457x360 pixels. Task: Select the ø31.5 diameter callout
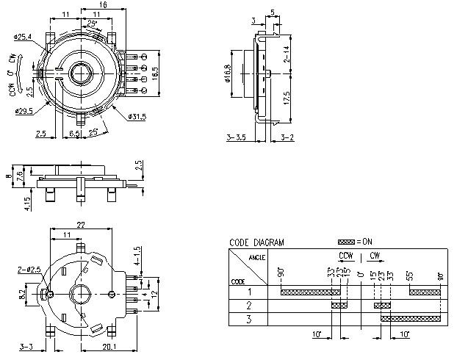[x=137, y=116]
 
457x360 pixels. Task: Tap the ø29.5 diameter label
[x=26, y=110]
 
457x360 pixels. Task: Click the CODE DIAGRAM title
[x=256, y=242]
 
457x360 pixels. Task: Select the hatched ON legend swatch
[x=345, y=242]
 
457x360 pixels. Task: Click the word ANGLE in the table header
[x=257, y=257]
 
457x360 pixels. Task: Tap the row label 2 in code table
[x=248, y=305]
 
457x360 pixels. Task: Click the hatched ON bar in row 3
[x=411, y=318]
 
